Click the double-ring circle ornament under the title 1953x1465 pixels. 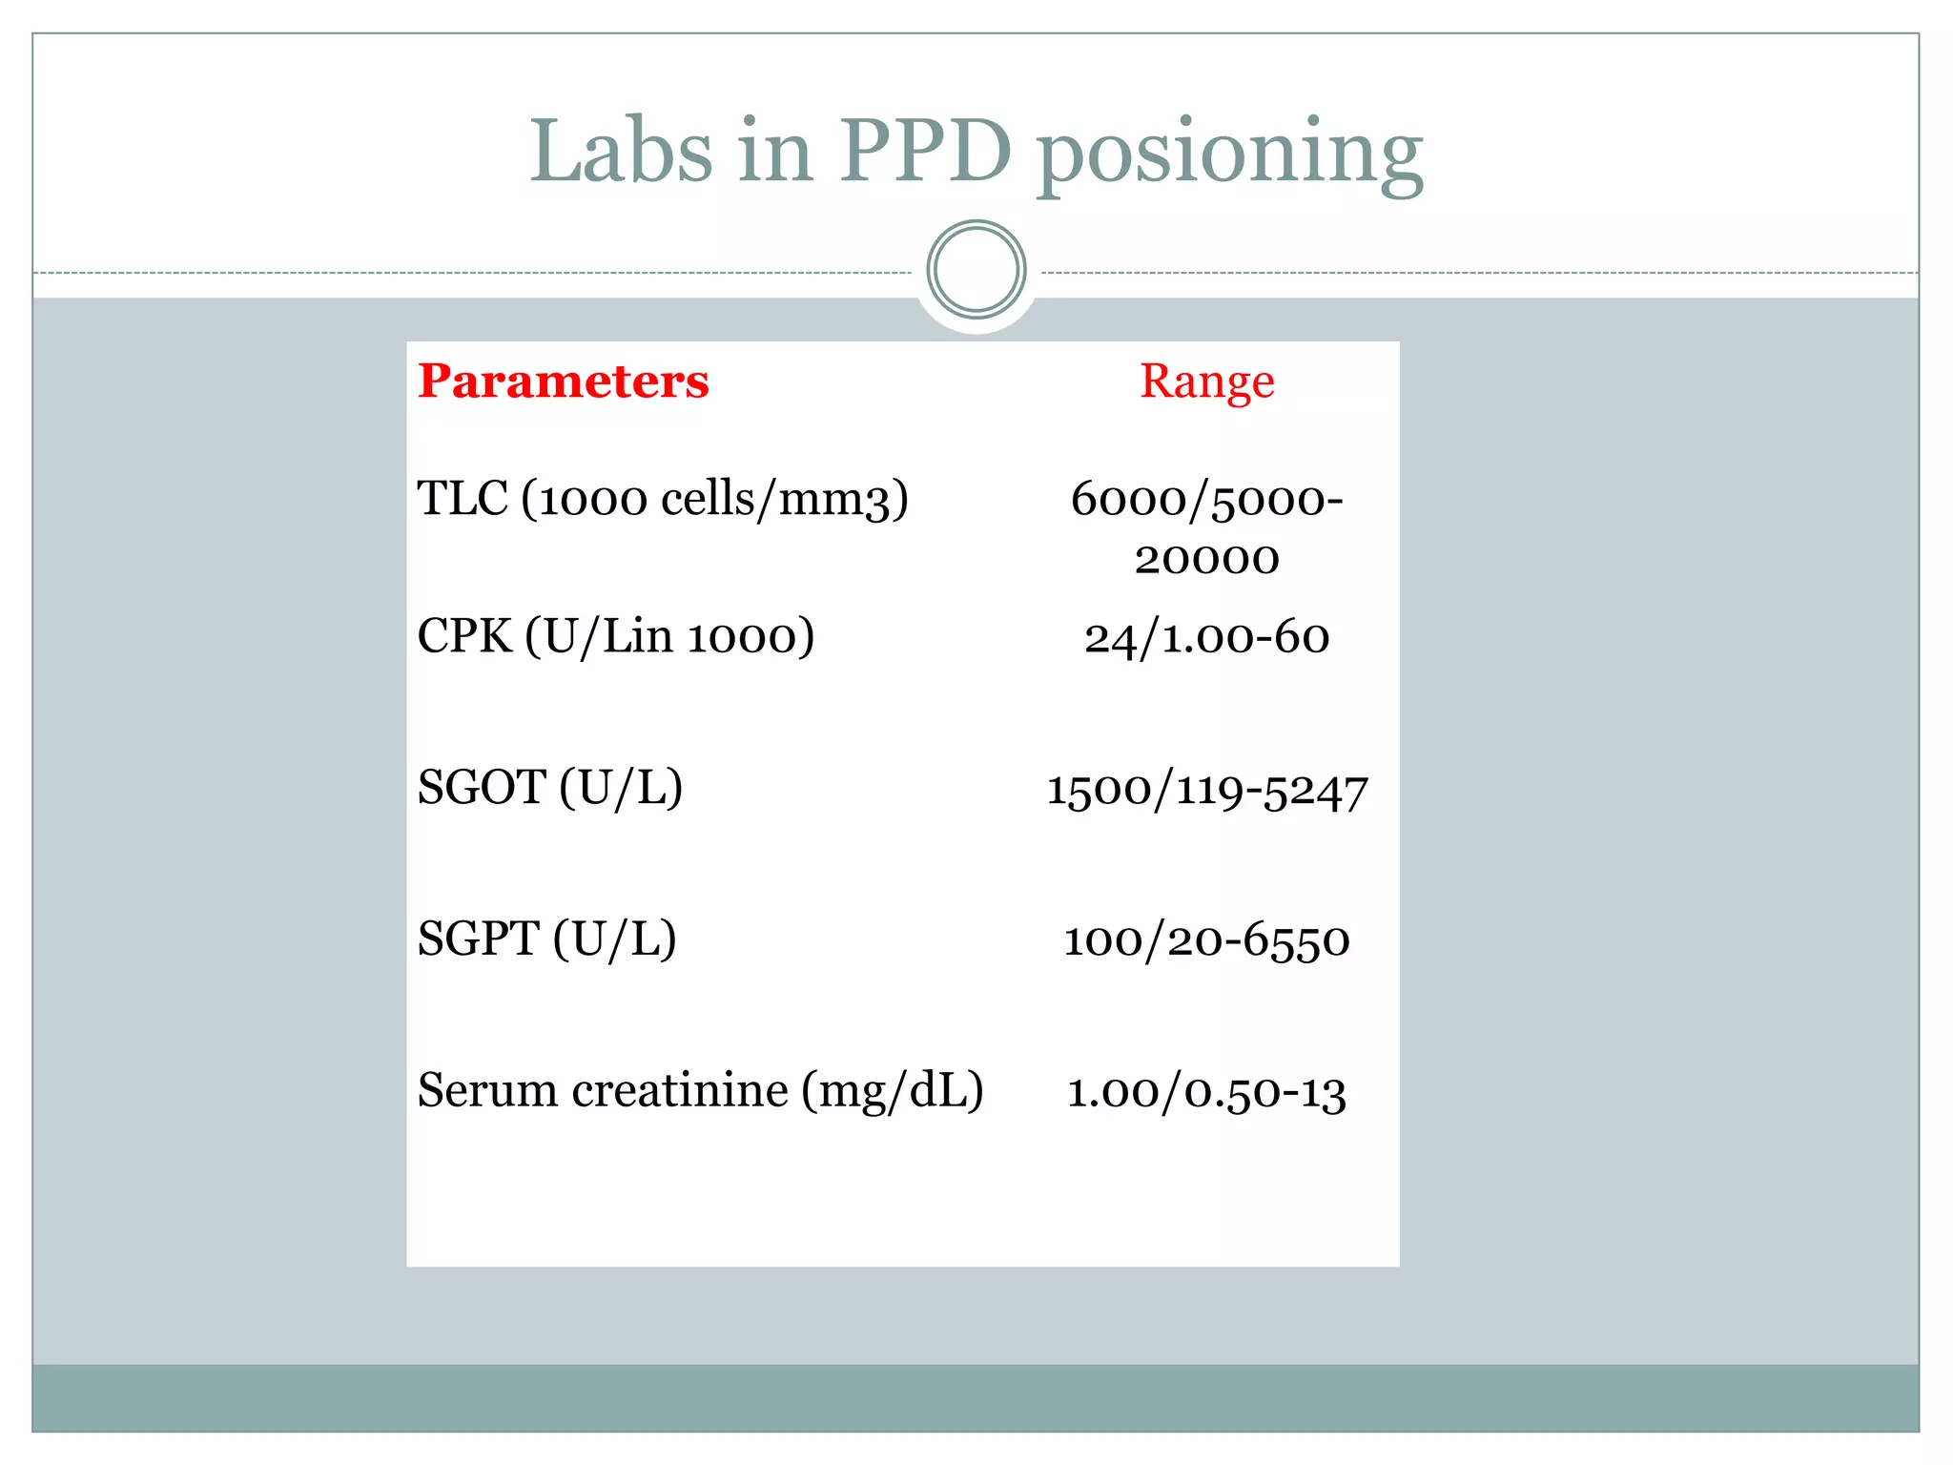click(976, 270)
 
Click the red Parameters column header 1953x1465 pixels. click(563, 382)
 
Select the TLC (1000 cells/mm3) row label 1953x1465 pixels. click(663, 499)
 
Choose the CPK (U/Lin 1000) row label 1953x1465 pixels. click(616, 636)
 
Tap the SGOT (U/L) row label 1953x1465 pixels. click(550, 789)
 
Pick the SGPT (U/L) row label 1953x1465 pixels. click(547, 939)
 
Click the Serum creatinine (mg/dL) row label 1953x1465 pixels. click(701, 1090)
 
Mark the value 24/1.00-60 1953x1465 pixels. click(1206, 637)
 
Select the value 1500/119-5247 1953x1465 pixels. click(1206, 791)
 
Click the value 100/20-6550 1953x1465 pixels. click(1206, 940)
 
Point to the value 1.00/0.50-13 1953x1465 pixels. click(1206, 1092)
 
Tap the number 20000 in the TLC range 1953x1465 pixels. click(1206, 559)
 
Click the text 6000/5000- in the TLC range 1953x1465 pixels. click(1206, 500)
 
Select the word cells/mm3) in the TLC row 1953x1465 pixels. click(784, 499)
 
